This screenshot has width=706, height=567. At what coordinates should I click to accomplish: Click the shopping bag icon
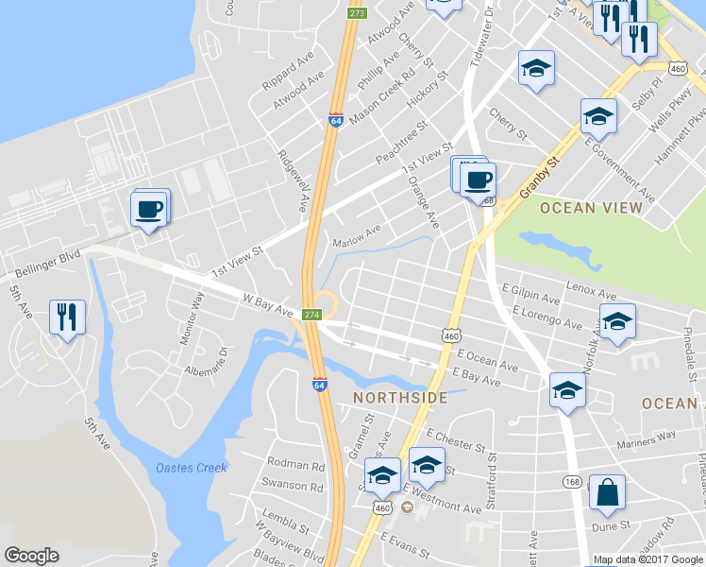606,492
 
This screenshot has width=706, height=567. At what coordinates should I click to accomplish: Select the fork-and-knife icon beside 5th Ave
67,317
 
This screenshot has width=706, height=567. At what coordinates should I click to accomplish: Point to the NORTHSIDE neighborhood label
400,398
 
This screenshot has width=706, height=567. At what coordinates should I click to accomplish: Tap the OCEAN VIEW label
585,207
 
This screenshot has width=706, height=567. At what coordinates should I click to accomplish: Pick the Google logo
31,555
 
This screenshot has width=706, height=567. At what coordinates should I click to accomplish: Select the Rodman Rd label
295,464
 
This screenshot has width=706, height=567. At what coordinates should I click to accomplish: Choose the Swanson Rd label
297,485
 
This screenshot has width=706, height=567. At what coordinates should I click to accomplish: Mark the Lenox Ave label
591,284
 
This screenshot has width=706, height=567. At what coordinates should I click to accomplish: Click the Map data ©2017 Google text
647,559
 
